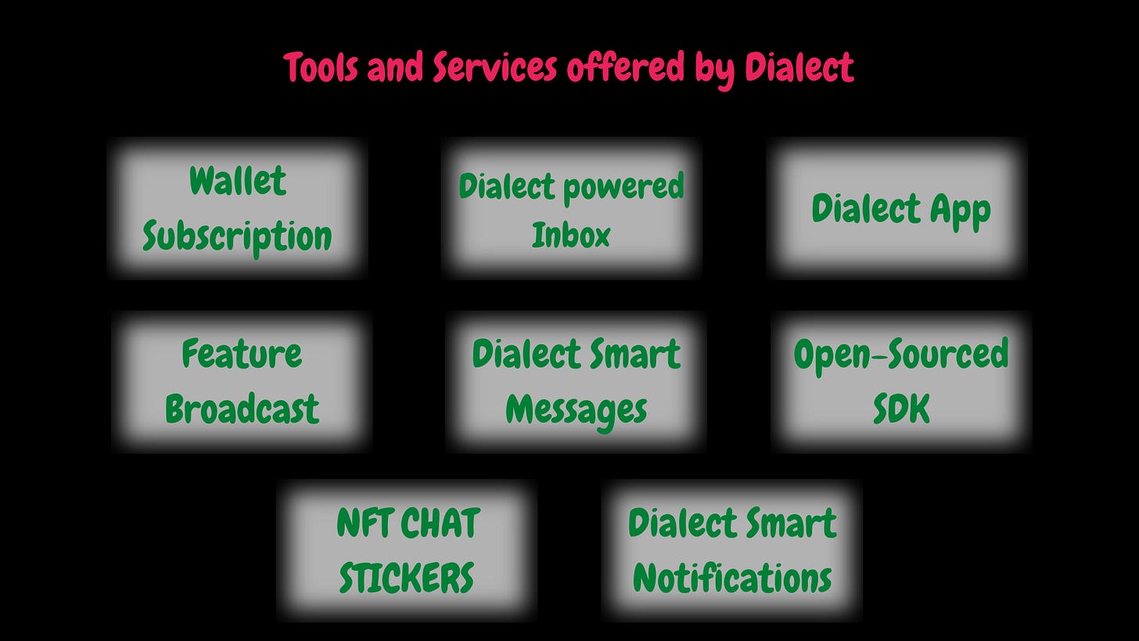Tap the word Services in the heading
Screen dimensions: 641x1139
pyautogui.click(x=494, y=68)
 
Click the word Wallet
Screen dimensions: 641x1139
pyautogui.click(x=238, y=182)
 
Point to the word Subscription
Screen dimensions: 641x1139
pyautogui.click(x=238, y=236)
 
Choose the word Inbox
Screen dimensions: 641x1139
pyautogui.click(x=571, y=235)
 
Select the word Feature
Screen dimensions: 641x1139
pyautogui.click(x=242, y=354)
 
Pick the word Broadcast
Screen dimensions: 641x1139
pyautogui.click(x=242, y=409)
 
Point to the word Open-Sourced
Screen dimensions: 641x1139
pyautogui.click(x=901, y=354)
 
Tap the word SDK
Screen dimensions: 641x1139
pyautogui.click(x=901, y=409)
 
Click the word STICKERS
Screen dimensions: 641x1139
pyautogui.click(x=407, y=578)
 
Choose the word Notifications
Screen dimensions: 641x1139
pyautogui.click(x=732, y=578)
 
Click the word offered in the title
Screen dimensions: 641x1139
pyautogui.click(x=625, y=68)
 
